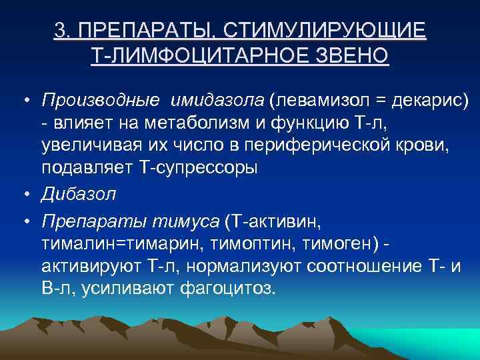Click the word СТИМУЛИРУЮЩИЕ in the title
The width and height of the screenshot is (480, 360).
(325, 31)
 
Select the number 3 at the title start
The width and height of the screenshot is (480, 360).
(61, 31)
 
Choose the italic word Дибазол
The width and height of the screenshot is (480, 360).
(79, 194)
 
